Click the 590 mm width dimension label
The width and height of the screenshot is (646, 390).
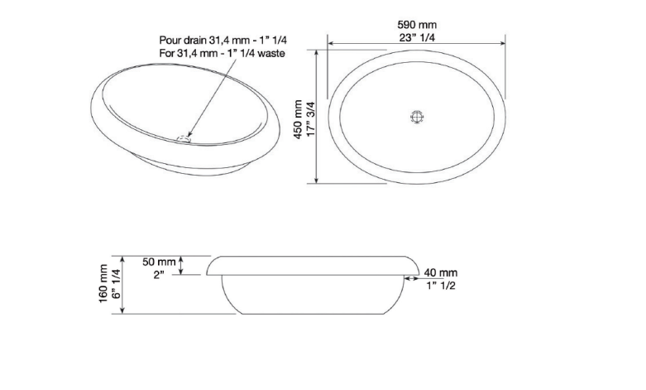click(417, 24)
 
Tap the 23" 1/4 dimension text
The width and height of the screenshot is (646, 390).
click(417, 37)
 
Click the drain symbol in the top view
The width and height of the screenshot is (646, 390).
click(417, 117)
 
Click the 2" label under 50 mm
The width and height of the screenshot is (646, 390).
click(159, 275)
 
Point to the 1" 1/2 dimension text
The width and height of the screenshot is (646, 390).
click(441, 286)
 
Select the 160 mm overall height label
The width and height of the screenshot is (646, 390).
click(103, 285)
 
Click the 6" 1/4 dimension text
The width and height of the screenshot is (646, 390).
click(116, 285)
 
